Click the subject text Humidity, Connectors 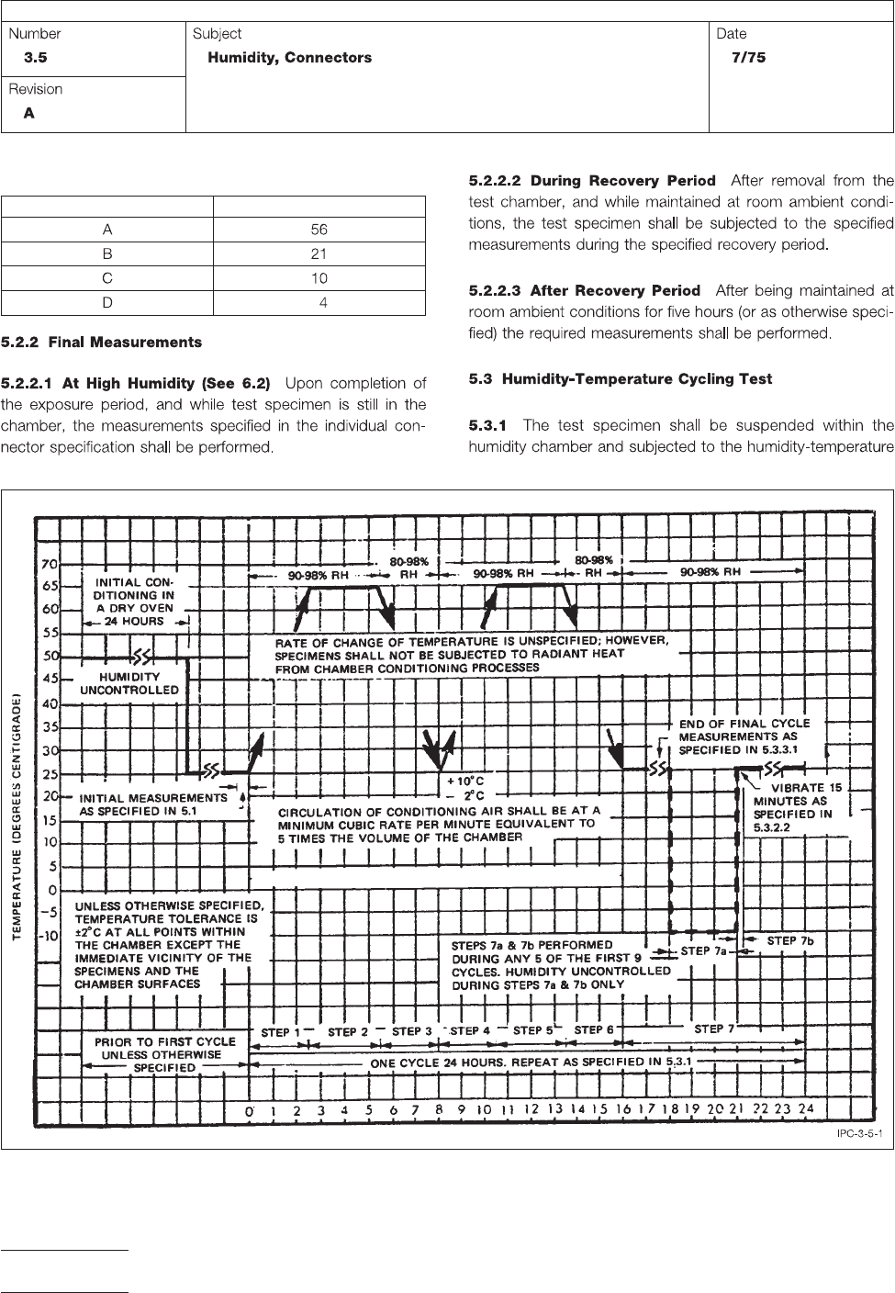[x=290, y=58]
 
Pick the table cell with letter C [x=107, y=278]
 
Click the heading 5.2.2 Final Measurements [x=102, y=343]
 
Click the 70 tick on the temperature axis [x=48, y=563]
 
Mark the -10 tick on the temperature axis [x=46, y=938]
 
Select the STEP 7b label [x=790, y=940]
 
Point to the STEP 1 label [x=281, y=1032]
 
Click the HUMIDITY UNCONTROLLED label [x=130, y=682]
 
